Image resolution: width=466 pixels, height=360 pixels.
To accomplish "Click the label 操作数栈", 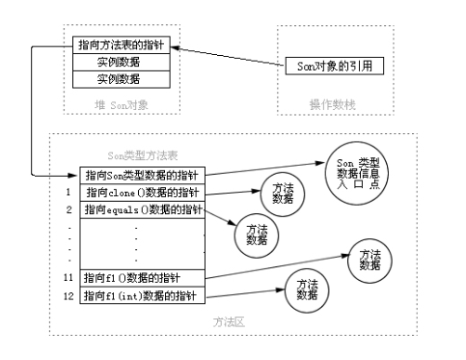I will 328,101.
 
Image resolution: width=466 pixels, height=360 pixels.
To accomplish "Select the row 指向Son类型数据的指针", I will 142,177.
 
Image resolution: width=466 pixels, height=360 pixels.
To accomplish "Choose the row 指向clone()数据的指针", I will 142,193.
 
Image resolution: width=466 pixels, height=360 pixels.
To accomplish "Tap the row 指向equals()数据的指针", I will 142,209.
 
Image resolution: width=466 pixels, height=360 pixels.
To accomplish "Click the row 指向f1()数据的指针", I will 142,278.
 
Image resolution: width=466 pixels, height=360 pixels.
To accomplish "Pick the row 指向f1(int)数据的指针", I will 142,295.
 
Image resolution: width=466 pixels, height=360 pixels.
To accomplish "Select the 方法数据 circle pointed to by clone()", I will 282,192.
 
